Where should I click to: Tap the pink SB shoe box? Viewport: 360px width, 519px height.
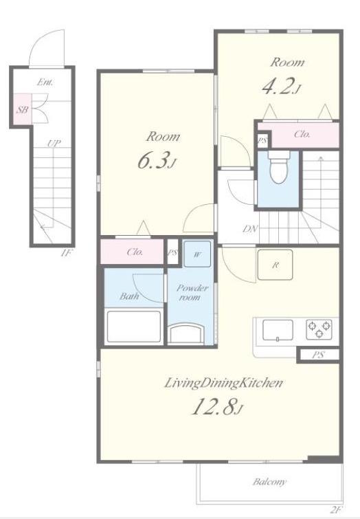(x=23, y=109)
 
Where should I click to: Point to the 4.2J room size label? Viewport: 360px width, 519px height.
(x=281, y=87)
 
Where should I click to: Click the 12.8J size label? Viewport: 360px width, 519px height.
(x=217, y=406)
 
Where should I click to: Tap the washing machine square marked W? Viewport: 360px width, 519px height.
(x=197, y=254)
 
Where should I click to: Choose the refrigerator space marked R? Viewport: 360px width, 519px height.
(x=275, y=265)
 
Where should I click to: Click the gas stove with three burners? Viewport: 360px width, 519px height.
(x=319, y=329)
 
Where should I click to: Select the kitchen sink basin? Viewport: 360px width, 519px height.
(x=278, y=330)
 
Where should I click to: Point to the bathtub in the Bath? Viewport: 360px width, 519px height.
(x=134, y=327)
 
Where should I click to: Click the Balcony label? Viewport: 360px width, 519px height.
(x=269, y=482)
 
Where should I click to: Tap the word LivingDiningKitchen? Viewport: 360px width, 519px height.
(x=224, y=383)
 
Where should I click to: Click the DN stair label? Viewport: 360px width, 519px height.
(x=251, y=228)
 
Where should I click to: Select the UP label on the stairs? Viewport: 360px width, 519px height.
(x=54, y=143)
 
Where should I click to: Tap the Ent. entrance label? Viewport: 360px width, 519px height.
(x=45, y=82)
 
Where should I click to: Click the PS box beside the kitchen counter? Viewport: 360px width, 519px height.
(x=318, y=355)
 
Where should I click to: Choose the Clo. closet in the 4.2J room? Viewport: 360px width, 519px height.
(x=302, y=134)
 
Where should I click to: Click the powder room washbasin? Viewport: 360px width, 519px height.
(x=185, y=333)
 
